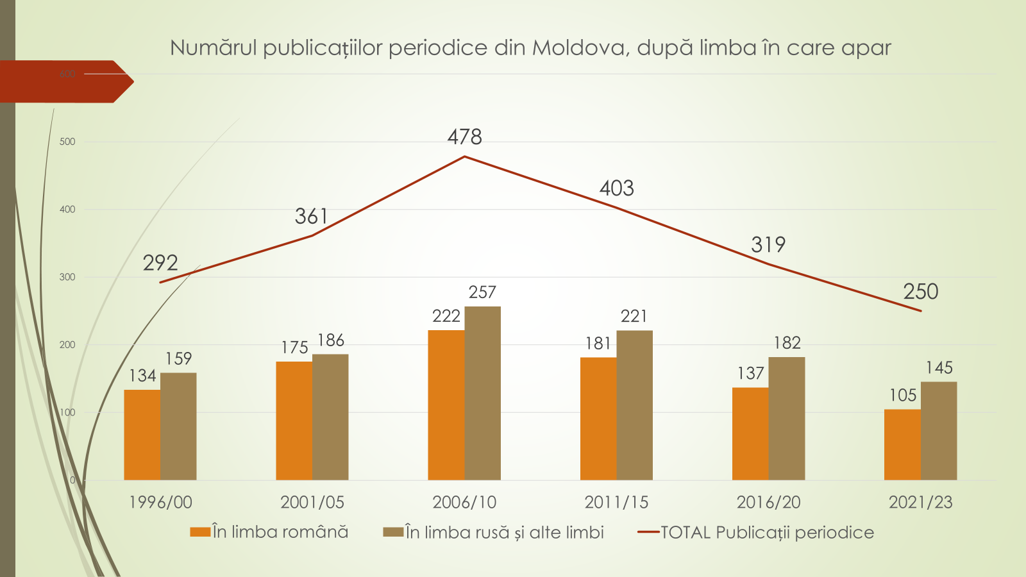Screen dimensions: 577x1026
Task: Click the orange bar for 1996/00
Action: click(142, 435)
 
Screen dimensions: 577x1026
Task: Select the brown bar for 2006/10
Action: click(482, 393)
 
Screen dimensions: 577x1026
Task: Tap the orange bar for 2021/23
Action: click(902, 444)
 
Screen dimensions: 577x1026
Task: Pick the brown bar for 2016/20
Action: click(786, 418)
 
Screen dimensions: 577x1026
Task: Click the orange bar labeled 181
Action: click(598, 418)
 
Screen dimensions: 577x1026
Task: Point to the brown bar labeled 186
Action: click(330, 417)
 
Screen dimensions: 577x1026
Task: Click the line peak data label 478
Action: click(464, 137)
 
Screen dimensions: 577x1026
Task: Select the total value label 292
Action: click(160, 263)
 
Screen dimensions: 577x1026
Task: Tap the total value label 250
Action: click(920, 292)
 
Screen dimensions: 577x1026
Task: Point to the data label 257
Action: click(482, 292)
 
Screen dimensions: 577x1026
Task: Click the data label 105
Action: click(902, 395)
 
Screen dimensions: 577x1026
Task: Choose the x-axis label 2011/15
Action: click(616, 502)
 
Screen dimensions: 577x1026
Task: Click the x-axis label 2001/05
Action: click(312, 502)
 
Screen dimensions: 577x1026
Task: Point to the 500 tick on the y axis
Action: click(67, 142)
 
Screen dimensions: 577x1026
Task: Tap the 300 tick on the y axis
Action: click(67, 277)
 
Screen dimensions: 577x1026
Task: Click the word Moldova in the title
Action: click(579, 48)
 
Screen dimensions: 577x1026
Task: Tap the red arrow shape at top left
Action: click(64, 81)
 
